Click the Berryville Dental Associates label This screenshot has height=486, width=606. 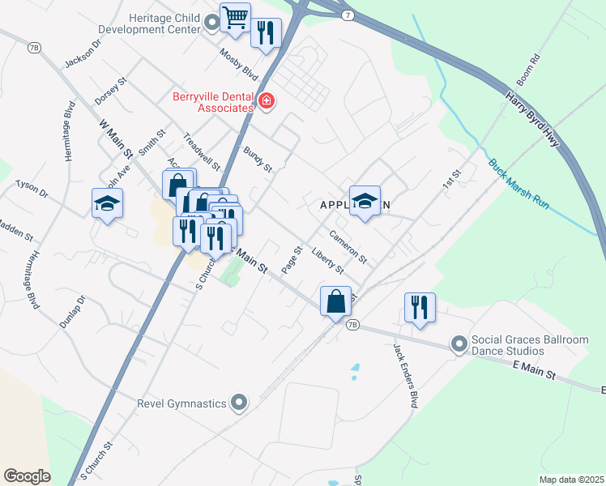[213, 102]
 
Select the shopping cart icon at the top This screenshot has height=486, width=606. [235, 17]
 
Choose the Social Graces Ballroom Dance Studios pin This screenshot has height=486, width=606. [459, 345]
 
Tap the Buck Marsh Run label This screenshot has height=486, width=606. [519, 185]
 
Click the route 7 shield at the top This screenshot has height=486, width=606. [346, 17]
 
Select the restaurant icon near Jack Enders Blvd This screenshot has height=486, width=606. [419, 307]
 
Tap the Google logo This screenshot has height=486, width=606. [27, 476]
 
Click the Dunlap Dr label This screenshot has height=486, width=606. [71, 311]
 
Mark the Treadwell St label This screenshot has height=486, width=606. [202, 151]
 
